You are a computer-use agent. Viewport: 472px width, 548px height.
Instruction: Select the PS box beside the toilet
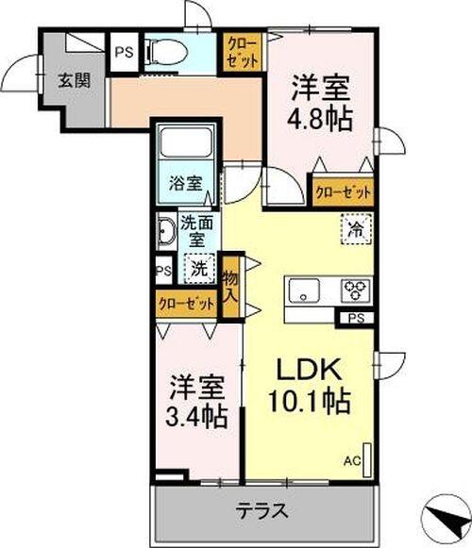point(124,53)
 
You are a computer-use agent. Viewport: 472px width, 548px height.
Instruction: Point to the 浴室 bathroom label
point(185,183)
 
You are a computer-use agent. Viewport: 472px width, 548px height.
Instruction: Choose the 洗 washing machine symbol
point(199,267)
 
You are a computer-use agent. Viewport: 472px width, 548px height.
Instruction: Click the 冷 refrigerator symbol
point(357,229)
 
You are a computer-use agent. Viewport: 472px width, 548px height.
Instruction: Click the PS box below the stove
point(355,318)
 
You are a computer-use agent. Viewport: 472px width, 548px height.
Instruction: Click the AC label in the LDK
point(352,460)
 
